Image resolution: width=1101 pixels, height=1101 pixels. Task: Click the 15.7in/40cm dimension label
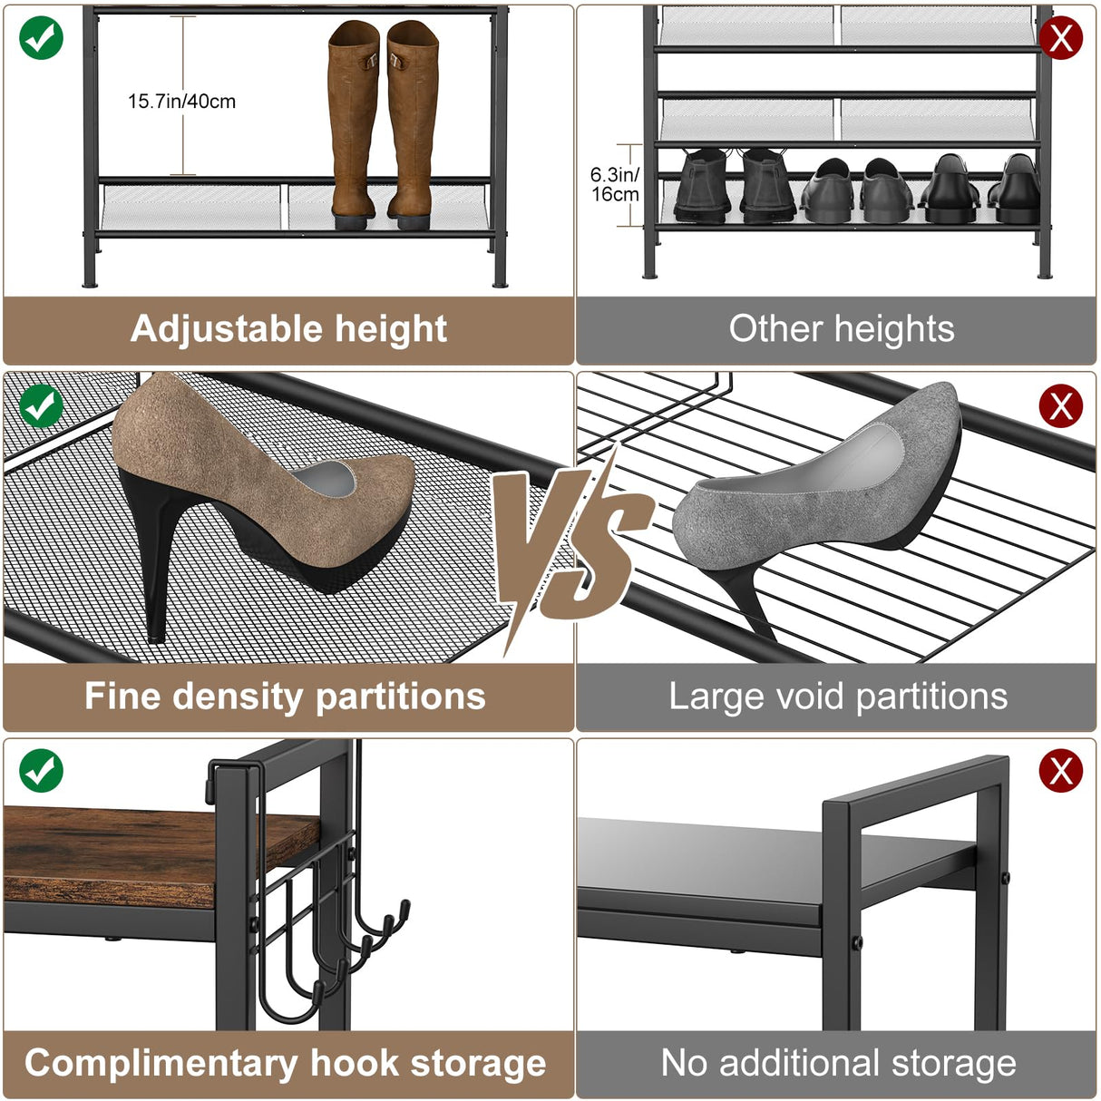[x=181, y=102]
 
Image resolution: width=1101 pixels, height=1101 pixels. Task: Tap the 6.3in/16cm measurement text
[x=614, y=184]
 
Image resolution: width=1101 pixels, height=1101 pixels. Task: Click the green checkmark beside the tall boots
[x=41, y=38]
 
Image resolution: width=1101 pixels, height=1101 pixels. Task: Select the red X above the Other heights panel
[x=1060, y=39]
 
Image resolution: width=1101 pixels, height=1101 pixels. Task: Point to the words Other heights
[x=841, y=328]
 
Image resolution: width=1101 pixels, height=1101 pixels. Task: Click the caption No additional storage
[x=838, y=1063]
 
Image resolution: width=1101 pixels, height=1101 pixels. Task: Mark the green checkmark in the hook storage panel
[x=41, y=771]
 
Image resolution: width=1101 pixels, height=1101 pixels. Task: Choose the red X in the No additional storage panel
[x=1060, y=772]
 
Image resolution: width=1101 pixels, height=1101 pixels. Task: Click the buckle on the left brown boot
[x=369, y=63]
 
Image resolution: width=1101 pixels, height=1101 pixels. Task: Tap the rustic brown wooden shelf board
[x=136, y=853]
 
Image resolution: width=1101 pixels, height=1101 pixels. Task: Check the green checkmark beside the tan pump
[x=41, y=405]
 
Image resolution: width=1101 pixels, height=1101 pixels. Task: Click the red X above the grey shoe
[x=1060, y=405]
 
